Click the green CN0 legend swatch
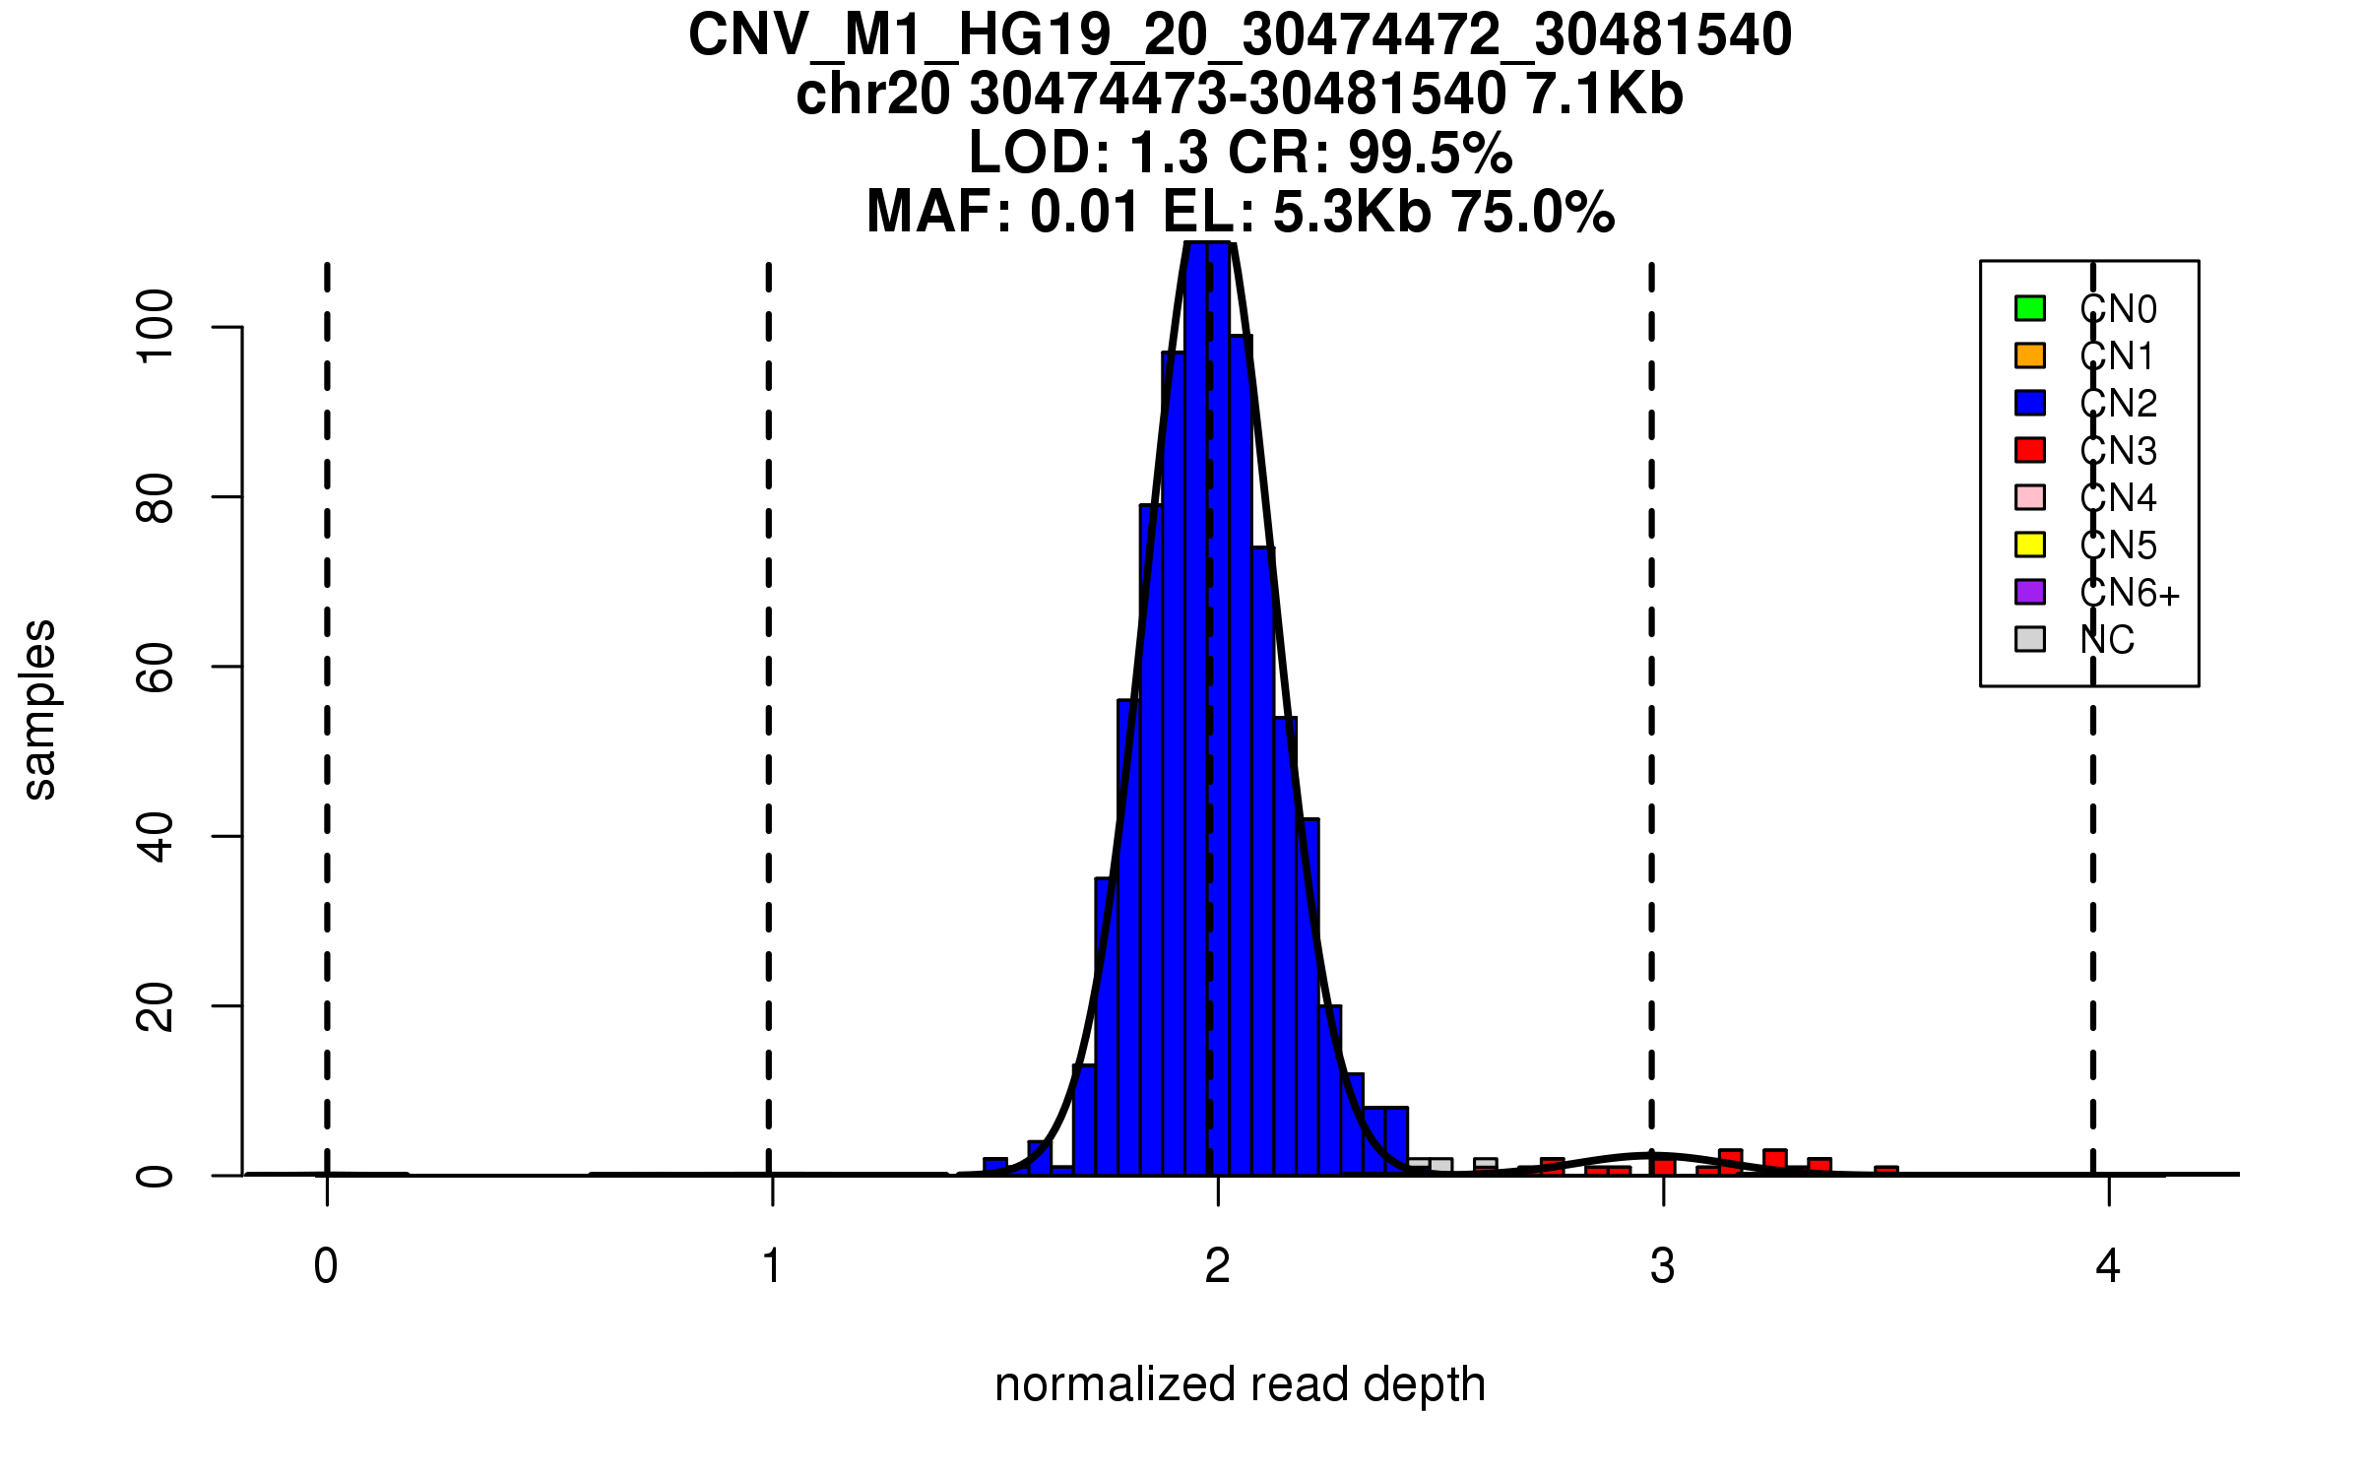point(2030,308)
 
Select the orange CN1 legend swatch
point(2030,355)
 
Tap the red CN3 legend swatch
point(2030,450)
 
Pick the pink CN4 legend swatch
point(2030,497)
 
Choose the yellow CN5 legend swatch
point(2030,545)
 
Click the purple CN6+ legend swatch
point(2030,592)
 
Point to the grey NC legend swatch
point(2030,639)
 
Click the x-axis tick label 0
point(326,1266)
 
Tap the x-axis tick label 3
point(1663,1266)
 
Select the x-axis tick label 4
point(2108,1266)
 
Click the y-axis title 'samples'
point(39,709)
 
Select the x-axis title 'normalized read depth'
point(1240,1384)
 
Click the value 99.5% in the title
point(1430,154)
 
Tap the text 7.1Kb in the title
point(1603,95)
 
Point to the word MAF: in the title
point(939,213)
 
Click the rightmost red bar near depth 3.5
point(1886,1171)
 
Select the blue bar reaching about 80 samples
point(1151,837)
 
